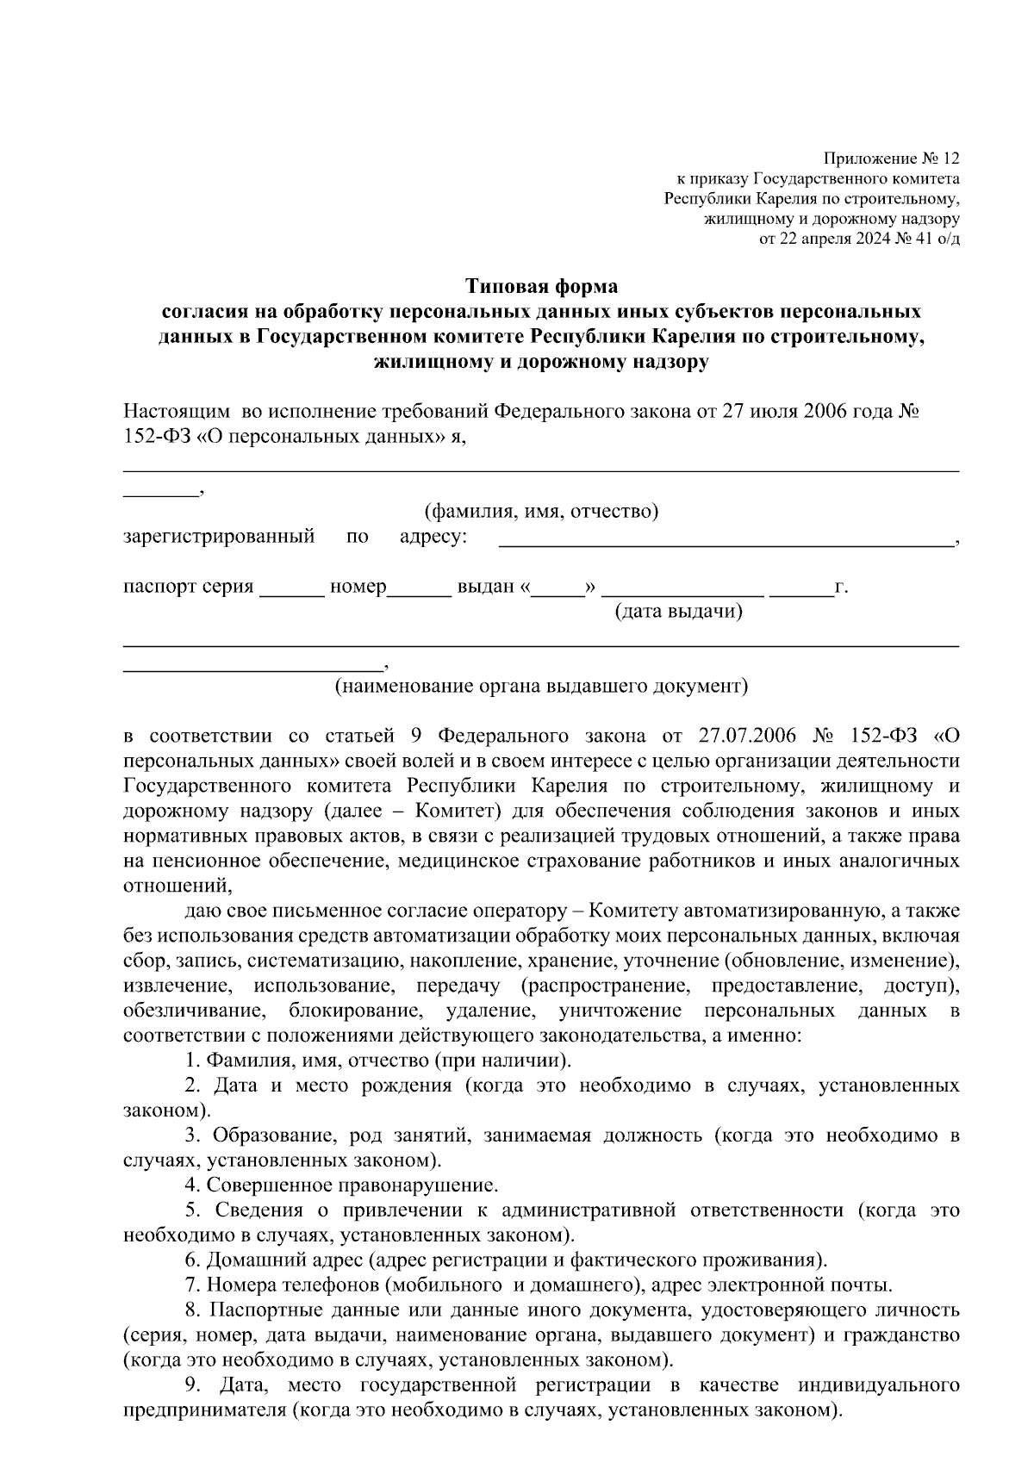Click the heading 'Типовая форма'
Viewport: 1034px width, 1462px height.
[542, 284]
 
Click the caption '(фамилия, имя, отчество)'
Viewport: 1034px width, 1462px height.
[542, 512]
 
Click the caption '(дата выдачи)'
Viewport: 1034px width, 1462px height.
[677, 612]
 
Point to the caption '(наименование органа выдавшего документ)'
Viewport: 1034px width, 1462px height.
[542, 687]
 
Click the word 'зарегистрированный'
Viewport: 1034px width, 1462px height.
[219, 538]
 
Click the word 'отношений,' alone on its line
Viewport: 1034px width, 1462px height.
[178, 887]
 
